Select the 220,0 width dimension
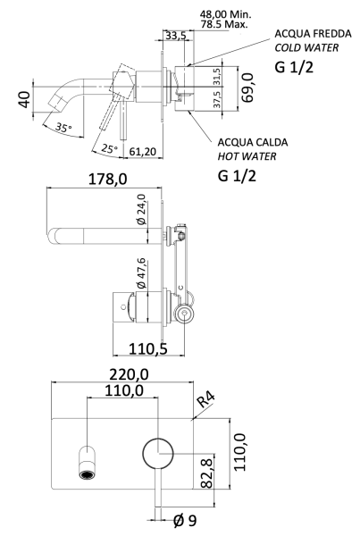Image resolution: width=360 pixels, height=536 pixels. click(130, 373)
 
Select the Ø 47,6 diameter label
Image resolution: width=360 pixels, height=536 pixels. click(139, 273)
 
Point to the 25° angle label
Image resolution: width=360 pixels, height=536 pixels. click(108, 148)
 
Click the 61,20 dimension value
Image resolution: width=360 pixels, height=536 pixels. click(143, 153)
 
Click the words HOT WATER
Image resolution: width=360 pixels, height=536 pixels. click(250, 156)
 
